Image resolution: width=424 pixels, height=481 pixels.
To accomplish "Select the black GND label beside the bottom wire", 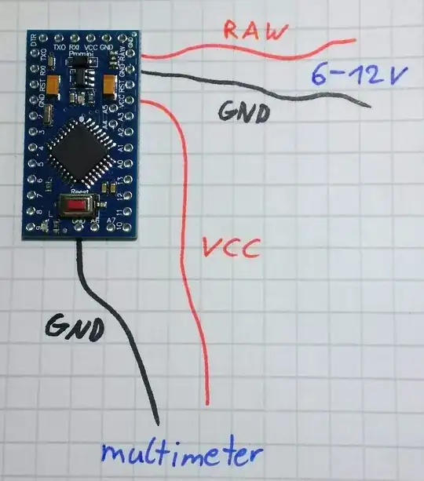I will point(75,327).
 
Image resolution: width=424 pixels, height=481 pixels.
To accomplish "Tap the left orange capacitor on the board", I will point(53,82).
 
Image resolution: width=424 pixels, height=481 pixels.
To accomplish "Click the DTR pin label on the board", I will point(33,40).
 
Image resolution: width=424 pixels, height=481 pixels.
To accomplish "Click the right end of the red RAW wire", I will point(355,40).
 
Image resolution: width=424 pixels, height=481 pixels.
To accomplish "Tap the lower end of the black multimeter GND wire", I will point(157,424).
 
